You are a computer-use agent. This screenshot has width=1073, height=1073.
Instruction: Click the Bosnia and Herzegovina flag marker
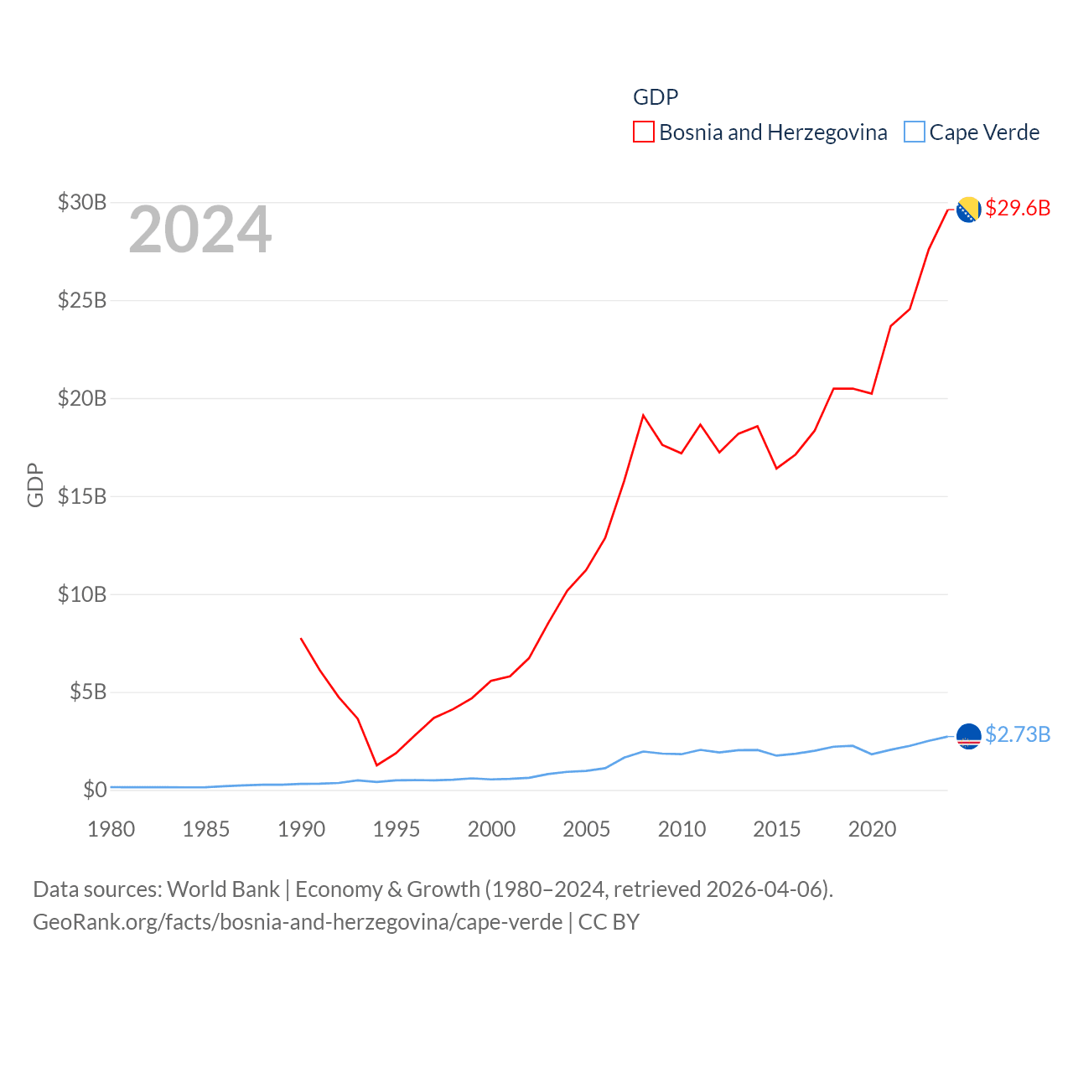(x=968, y=210)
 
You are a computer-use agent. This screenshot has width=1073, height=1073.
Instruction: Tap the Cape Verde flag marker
(x=968, y=736)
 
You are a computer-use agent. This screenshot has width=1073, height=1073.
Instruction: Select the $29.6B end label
(x=1018, y=208)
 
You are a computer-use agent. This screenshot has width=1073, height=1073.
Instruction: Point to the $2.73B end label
(x=1018, y=734)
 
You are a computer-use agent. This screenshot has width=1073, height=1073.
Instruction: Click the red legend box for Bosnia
(x=643, y=132)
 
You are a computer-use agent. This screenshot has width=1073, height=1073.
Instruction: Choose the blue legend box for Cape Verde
(x=914, y=132)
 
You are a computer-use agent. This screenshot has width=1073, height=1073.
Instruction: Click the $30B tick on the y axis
(x=82, y=202)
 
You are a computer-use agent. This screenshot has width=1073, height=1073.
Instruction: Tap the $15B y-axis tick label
(x=82, y=496)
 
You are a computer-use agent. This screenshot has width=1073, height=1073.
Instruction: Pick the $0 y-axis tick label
(x=95, y=790)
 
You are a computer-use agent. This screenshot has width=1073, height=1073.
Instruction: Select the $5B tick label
(x=88, y=692)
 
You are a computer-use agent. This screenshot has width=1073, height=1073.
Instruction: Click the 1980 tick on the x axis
(x=111, y=829)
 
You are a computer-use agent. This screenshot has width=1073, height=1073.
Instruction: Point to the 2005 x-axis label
(x=586, y=829)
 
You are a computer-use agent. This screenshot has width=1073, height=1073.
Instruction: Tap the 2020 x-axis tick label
(x=872, y=829)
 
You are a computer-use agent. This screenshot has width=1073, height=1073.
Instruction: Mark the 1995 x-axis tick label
(x=396, y=829)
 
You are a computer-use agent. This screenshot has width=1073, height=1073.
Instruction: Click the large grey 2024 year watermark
(x=200, y=230)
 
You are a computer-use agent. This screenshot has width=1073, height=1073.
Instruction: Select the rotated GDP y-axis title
(x=35, y=485)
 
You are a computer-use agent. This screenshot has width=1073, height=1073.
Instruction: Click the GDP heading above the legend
(x=655, y=97)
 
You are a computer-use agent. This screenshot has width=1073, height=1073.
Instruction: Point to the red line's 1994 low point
(x=377, y=765)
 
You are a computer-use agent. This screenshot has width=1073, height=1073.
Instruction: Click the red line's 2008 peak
(x=643, y=415)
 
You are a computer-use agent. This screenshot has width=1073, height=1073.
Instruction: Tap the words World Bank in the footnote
(x=223, y=889)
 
